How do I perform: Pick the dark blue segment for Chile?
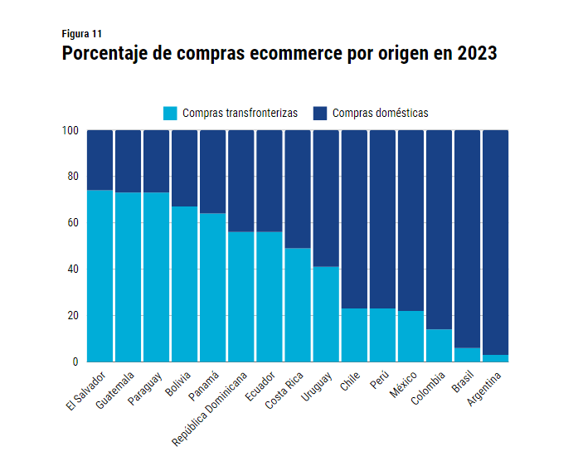point(354,219)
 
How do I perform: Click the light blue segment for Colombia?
point(439,345)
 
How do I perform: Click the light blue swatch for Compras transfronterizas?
point(170,113)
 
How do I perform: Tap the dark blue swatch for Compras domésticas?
point(320,113)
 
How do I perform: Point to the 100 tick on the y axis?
point(70,130)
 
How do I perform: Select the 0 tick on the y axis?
point(75,362)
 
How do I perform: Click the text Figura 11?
point(82,34)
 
